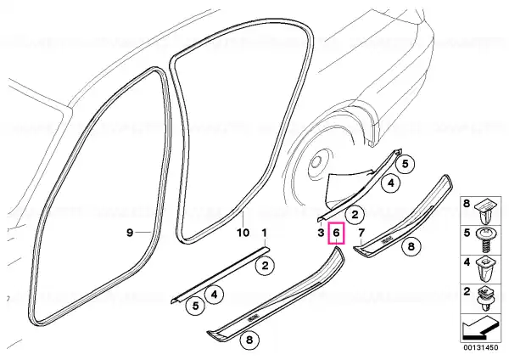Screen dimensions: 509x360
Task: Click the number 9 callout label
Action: coord(130,233)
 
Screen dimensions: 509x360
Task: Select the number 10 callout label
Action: coord(243,233)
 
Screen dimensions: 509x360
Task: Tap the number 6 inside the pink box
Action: coord(336,233)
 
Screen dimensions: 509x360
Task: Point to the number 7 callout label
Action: coord(361,233)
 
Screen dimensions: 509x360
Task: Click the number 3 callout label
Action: coord(321,233)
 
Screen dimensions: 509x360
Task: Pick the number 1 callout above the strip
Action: coord(264,233)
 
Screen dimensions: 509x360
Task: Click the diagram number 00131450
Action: coord(481,347)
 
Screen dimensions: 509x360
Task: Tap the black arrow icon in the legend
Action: coord(480,328)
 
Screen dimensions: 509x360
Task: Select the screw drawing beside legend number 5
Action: coord(484,241)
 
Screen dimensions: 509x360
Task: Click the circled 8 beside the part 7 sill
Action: coord(411,246)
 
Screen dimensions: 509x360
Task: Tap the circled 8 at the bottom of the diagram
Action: coord(249,340)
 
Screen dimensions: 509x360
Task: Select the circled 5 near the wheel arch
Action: coord(406,164)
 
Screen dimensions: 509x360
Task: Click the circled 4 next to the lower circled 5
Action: coord(214,295)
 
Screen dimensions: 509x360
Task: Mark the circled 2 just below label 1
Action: coord(266,266)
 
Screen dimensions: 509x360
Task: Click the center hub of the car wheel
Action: coord(316,161)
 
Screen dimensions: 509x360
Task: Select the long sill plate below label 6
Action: coord(276,294)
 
